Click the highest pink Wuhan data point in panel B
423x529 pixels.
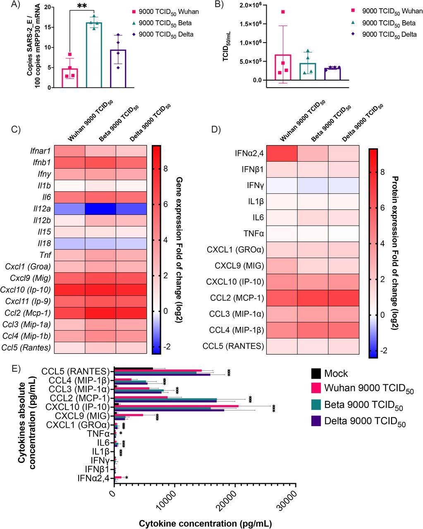coord(282,12)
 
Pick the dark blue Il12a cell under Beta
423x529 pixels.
coord(100,208)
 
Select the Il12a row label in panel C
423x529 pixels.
coord(42,208)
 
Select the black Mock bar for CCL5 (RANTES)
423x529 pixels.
coord(133,369)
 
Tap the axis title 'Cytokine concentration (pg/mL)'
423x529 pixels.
coord(205,524)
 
